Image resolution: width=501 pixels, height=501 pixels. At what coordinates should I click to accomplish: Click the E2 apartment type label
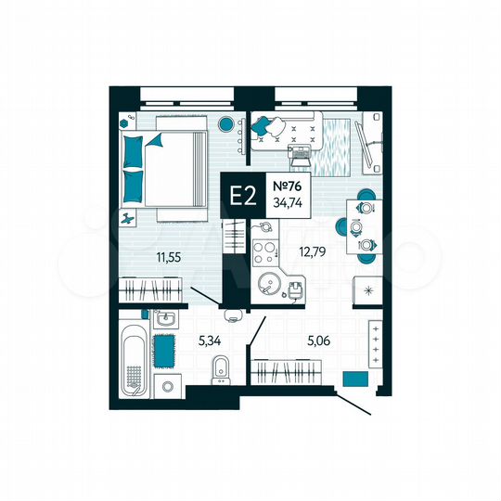pyautogui.click(x=243, y=196)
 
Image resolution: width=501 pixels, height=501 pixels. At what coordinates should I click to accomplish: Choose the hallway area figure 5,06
pyautogui.click(x=320, y=340)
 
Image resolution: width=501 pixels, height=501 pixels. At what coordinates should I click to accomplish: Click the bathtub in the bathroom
pyautogui.click(x=134, y=357)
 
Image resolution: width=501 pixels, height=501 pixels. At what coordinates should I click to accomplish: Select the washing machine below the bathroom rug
pyautogui.click(x=167, y=385)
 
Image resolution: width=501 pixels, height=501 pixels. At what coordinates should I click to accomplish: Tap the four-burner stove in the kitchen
pyautogui.click(x=264, y=250)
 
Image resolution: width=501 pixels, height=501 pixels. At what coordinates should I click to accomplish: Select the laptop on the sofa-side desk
pyautogui.click(x=300, y=148)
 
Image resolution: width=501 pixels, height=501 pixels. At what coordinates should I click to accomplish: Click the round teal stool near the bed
pyautogui.click(x=225, y=124)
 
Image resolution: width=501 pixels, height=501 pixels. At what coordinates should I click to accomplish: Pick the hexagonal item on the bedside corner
pyautogui.click(x=124, y=122)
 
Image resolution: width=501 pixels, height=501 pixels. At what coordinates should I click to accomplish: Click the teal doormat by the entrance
pyautogui.click(x=354, y=379)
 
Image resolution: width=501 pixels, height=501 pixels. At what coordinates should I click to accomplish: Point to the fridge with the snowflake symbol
pyautogui.click(x=368, y=291)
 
